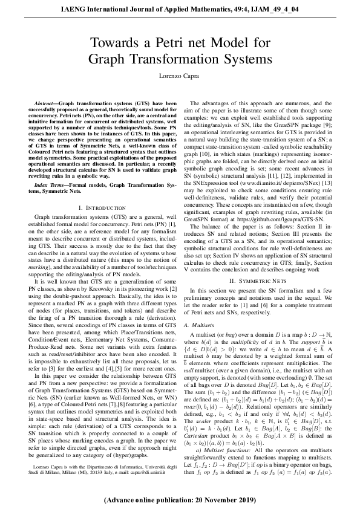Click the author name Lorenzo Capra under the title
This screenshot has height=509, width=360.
[x=180, y=77]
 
